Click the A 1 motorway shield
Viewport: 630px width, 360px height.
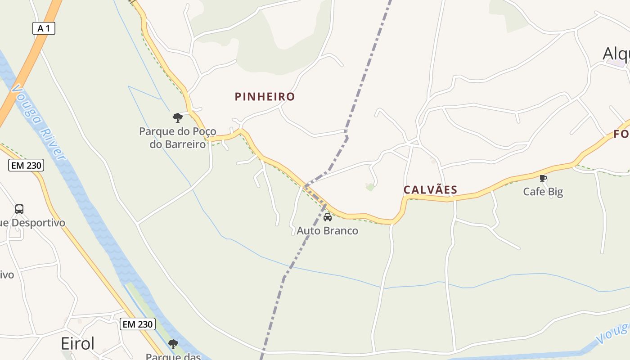[x=44, y=28]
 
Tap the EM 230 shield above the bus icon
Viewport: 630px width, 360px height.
[x=26, y=165]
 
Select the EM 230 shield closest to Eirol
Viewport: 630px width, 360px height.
[x=137, y=324]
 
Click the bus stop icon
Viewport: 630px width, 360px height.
[x=19, y=209]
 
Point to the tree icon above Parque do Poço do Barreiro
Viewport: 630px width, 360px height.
[x=178, y=118]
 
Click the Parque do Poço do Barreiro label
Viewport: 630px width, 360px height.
[x=177, y=138]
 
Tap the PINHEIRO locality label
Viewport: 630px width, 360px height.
[x=265, y=96]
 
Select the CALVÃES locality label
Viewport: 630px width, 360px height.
[x=430, y=190]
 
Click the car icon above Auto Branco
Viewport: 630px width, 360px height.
[x=328, y=217]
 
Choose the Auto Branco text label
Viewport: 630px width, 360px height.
[x=328, y=231]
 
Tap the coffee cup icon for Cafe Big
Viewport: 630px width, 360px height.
[x=543, y=179]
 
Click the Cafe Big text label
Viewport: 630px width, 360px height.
[x=543, y=192]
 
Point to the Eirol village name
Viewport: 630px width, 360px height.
[x=77, y=344]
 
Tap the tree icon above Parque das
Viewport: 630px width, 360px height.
[x=173, y=344]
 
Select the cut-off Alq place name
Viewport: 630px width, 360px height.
[x=616, y=53]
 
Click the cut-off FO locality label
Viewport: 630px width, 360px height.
[x=621, y=134]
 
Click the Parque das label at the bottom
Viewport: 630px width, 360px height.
[x=173, y=356]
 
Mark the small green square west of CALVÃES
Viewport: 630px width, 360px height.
[x=370, y=187]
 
